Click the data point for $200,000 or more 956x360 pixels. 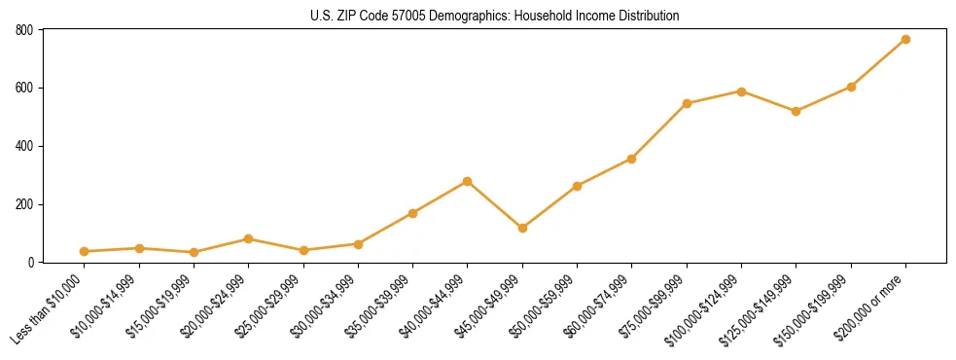coord(905,39)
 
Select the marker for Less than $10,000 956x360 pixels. coord(85,251)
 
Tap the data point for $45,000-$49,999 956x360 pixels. coord(522,228)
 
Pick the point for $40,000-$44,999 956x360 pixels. coord(468,181)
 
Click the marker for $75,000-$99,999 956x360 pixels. coord(687,103)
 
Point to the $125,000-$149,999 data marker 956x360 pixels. coord(796,111)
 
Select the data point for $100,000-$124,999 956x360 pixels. coord(741,91)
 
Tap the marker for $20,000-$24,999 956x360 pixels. coord(249,238)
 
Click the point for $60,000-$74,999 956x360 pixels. coord(632,159)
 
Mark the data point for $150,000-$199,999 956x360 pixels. coord(851,87)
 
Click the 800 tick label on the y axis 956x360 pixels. coord(24,30)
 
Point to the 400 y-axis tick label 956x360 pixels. coord(24,146)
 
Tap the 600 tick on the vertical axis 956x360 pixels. coord(24,88)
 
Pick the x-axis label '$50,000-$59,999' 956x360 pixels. coord(545,306)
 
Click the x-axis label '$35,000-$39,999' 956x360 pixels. coord(380,306)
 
